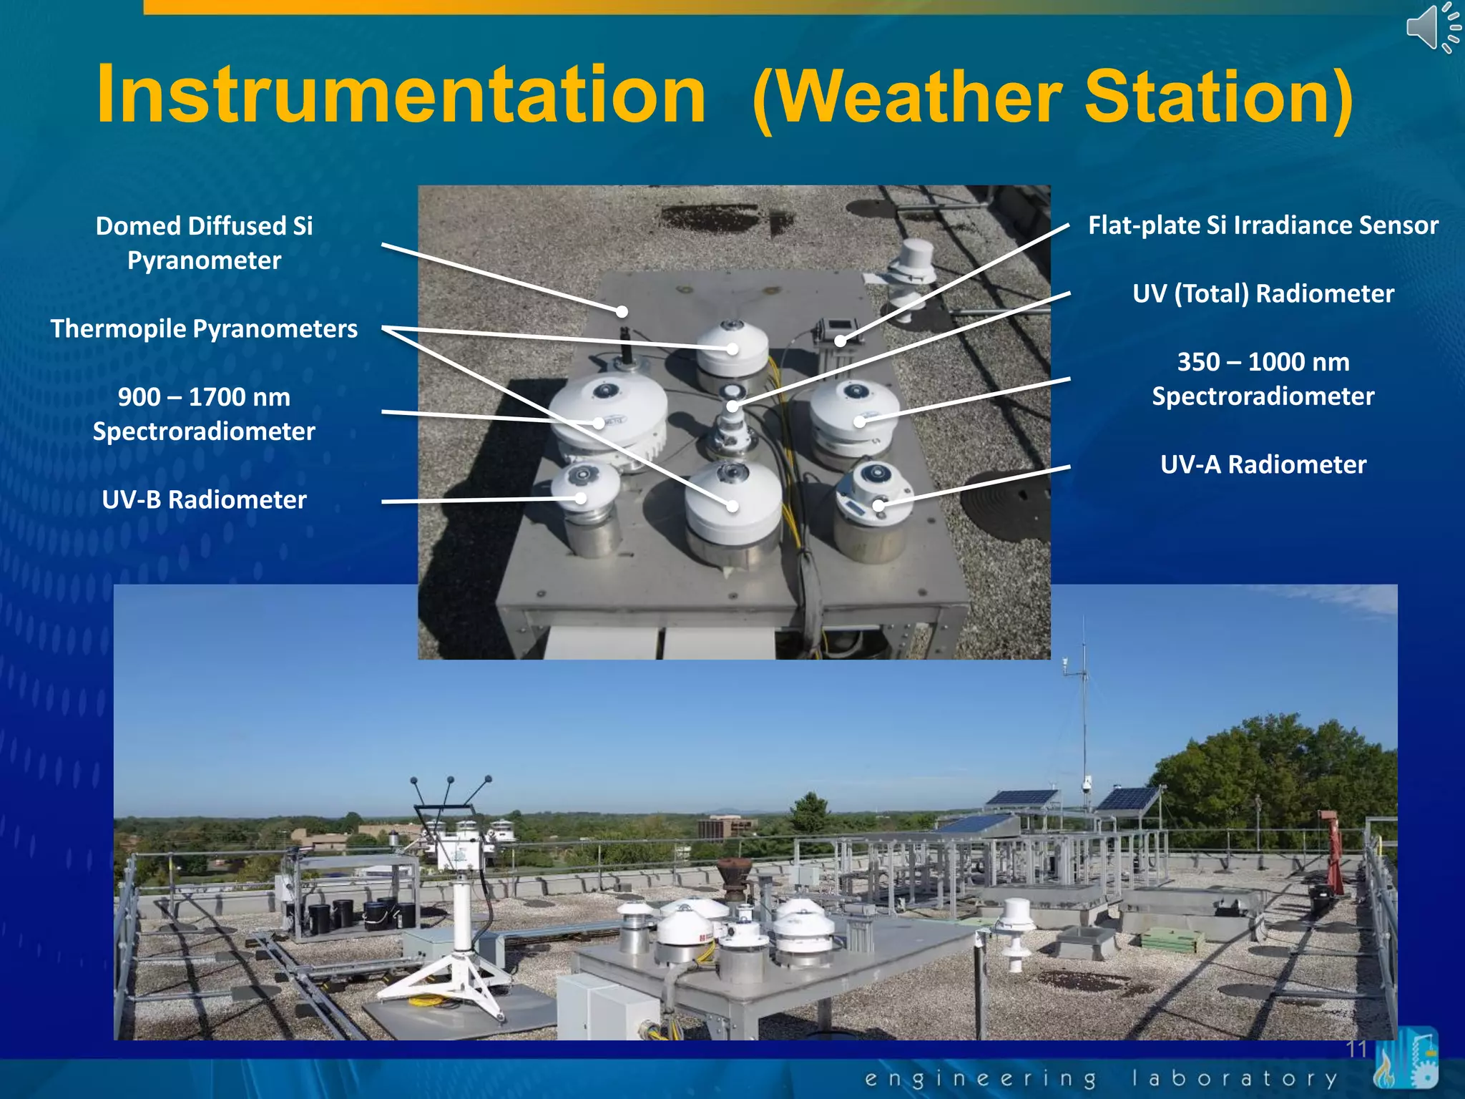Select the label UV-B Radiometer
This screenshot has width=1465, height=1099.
pyautogui.click(x=204, y=499)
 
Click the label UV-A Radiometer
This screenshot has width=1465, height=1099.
pyautogui.click(x=1263, y=464)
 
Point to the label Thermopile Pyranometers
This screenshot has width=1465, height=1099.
pyautogui.click(x=204, y=328)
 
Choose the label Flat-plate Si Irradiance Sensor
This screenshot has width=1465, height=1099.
pyautogui.click(x=1263, y=225)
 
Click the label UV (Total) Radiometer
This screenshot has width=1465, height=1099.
pyautogui.click(x=1263, y=293)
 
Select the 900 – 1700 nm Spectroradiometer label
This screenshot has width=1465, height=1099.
pyautogui.click(x=204, y=414)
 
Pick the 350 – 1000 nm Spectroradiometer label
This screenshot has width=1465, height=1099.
pyautogui.click(x=1263, y=378)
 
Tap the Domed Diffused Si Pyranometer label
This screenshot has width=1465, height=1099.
pyautogui.click(x=204, y=243)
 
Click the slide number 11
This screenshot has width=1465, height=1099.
pyautogui.click(x=1356, y=1049)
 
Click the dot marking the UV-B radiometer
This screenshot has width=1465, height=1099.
pyautogui.click(x=581, y=498)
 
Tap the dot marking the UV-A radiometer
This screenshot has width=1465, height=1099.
pyautogui.click(x=879, y=506)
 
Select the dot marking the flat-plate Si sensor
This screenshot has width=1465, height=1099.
pyautogui.click(x=841, y=341)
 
